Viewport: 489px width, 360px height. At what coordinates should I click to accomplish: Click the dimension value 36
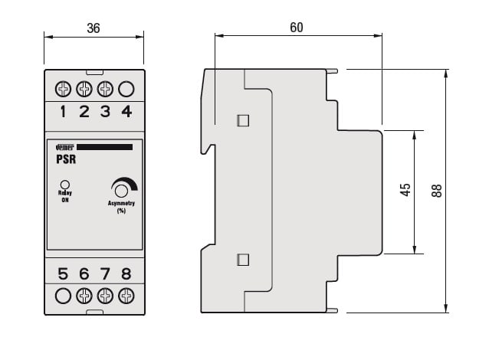(94, 28)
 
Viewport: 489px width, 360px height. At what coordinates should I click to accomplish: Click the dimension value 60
(297, 28)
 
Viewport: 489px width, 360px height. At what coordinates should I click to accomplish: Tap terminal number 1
(64, 112)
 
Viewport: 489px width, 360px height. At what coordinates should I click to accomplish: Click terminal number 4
(126, 112)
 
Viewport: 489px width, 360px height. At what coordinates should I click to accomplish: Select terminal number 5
(64, 273)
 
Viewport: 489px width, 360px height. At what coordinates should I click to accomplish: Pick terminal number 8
(126, 273)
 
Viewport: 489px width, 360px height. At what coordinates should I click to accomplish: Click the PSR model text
(66, 160)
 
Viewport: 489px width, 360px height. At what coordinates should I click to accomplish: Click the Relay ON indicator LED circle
(65, 184)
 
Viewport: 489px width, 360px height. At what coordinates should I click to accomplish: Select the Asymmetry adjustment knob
(120, 190)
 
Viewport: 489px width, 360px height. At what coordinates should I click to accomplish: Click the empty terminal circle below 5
(64, 295)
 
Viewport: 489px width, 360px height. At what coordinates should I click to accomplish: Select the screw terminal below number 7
(106, 295)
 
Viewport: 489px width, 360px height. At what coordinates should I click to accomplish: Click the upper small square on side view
(243, 120)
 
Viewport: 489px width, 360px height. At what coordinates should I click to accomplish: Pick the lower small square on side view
(243, 259)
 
